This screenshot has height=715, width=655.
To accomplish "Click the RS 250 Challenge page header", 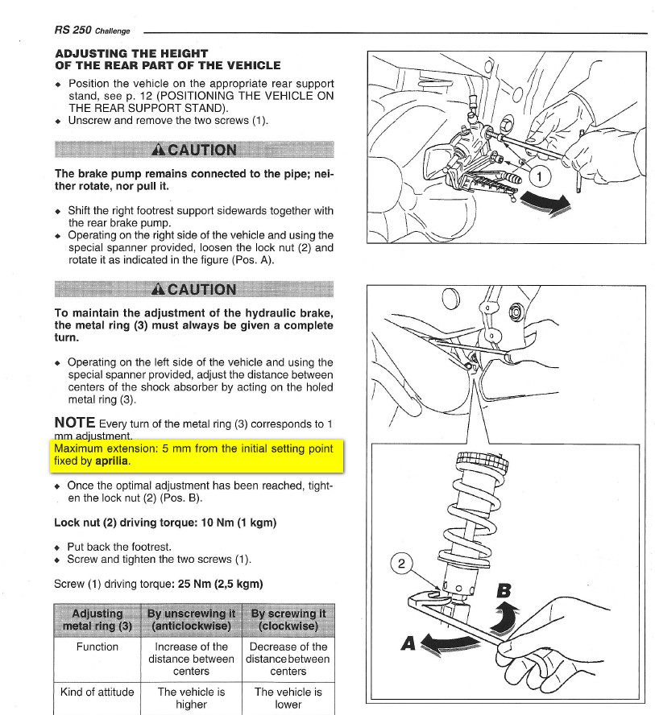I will pos(92,30).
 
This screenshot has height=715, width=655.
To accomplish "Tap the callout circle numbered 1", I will pos(543,175).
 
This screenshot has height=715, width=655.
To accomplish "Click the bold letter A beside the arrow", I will pos(410,644).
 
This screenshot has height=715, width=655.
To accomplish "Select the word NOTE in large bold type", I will pos(74,423).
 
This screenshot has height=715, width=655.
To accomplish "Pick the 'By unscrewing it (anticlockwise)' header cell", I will pos(191,620).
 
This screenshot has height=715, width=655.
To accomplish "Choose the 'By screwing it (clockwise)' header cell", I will pos(288,620).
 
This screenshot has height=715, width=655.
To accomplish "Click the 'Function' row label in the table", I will pos(97,647).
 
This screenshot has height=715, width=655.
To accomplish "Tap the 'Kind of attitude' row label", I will pos(97,692).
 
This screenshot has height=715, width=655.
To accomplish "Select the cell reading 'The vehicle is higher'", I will pos(191,698).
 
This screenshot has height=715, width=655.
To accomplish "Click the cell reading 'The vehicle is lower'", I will pos(288,698).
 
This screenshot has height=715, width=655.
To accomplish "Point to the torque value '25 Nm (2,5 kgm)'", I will pos(216,583).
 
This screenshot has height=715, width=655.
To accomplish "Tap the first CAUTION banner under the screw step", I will pos(193,150).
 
